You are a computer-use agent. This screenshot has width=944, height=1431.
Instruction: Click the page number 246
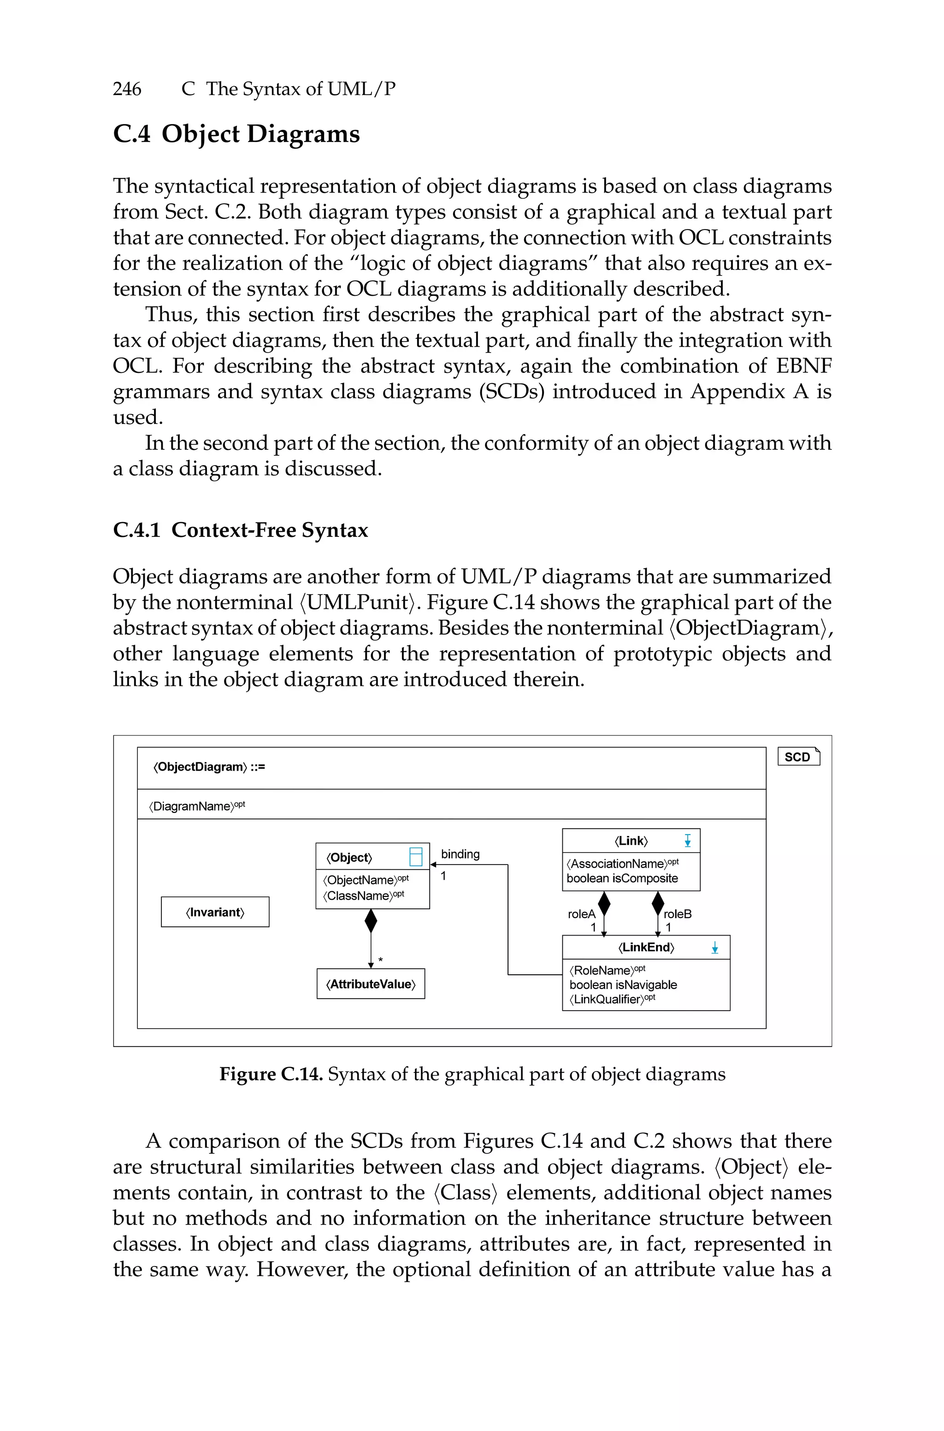pyautogui.click(x=127, y=89)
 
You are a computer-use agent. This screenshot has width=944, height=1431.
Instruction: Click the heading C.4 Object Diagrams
pyautogui.click(x=236, y=134)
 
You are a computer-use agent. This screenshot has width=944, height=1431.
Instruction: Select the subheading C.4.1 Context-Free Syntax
pyautogui.click(x=240, y=530)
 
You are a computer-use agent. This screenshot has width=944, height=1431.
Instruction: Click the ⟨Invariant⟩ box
pyautogui.click(x=215, y=912)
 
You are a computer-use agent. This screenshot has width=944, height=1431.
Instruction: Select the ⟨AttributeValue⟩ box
pyautogui.click(x=371, y=984)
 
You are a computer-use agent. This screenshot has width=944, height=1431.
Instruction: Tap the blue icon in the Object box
pyautogui.click(x=415, y=856)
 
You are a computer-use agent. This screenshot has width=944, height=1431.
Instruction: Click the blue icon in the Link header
pyautogui.click(x=688, y=841)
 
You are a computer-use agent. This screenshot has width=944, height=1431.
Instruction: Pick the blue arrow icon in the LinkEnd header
pyautogui.click(x=714, y=948)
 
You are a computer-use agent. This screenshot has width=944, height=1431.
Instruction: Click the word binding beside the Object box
pyautogui.click(x=460, y=854)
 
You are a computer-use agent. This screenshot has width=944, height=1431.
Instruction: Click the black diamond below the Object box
pyautogui.click(x=371, y=921)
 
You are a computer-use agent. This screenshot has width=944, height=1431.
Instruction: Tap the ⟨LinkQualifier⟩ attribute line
pyautogui.click(x=612, y=999)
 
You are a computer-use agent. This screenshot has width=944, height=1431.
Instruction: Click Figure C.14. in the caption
pyautogui.click(x=271, y=1074)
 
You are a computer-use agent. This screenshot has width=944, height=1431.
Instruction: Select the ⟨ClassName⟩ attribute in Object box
pyautogui.click(x=363, y=895)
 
